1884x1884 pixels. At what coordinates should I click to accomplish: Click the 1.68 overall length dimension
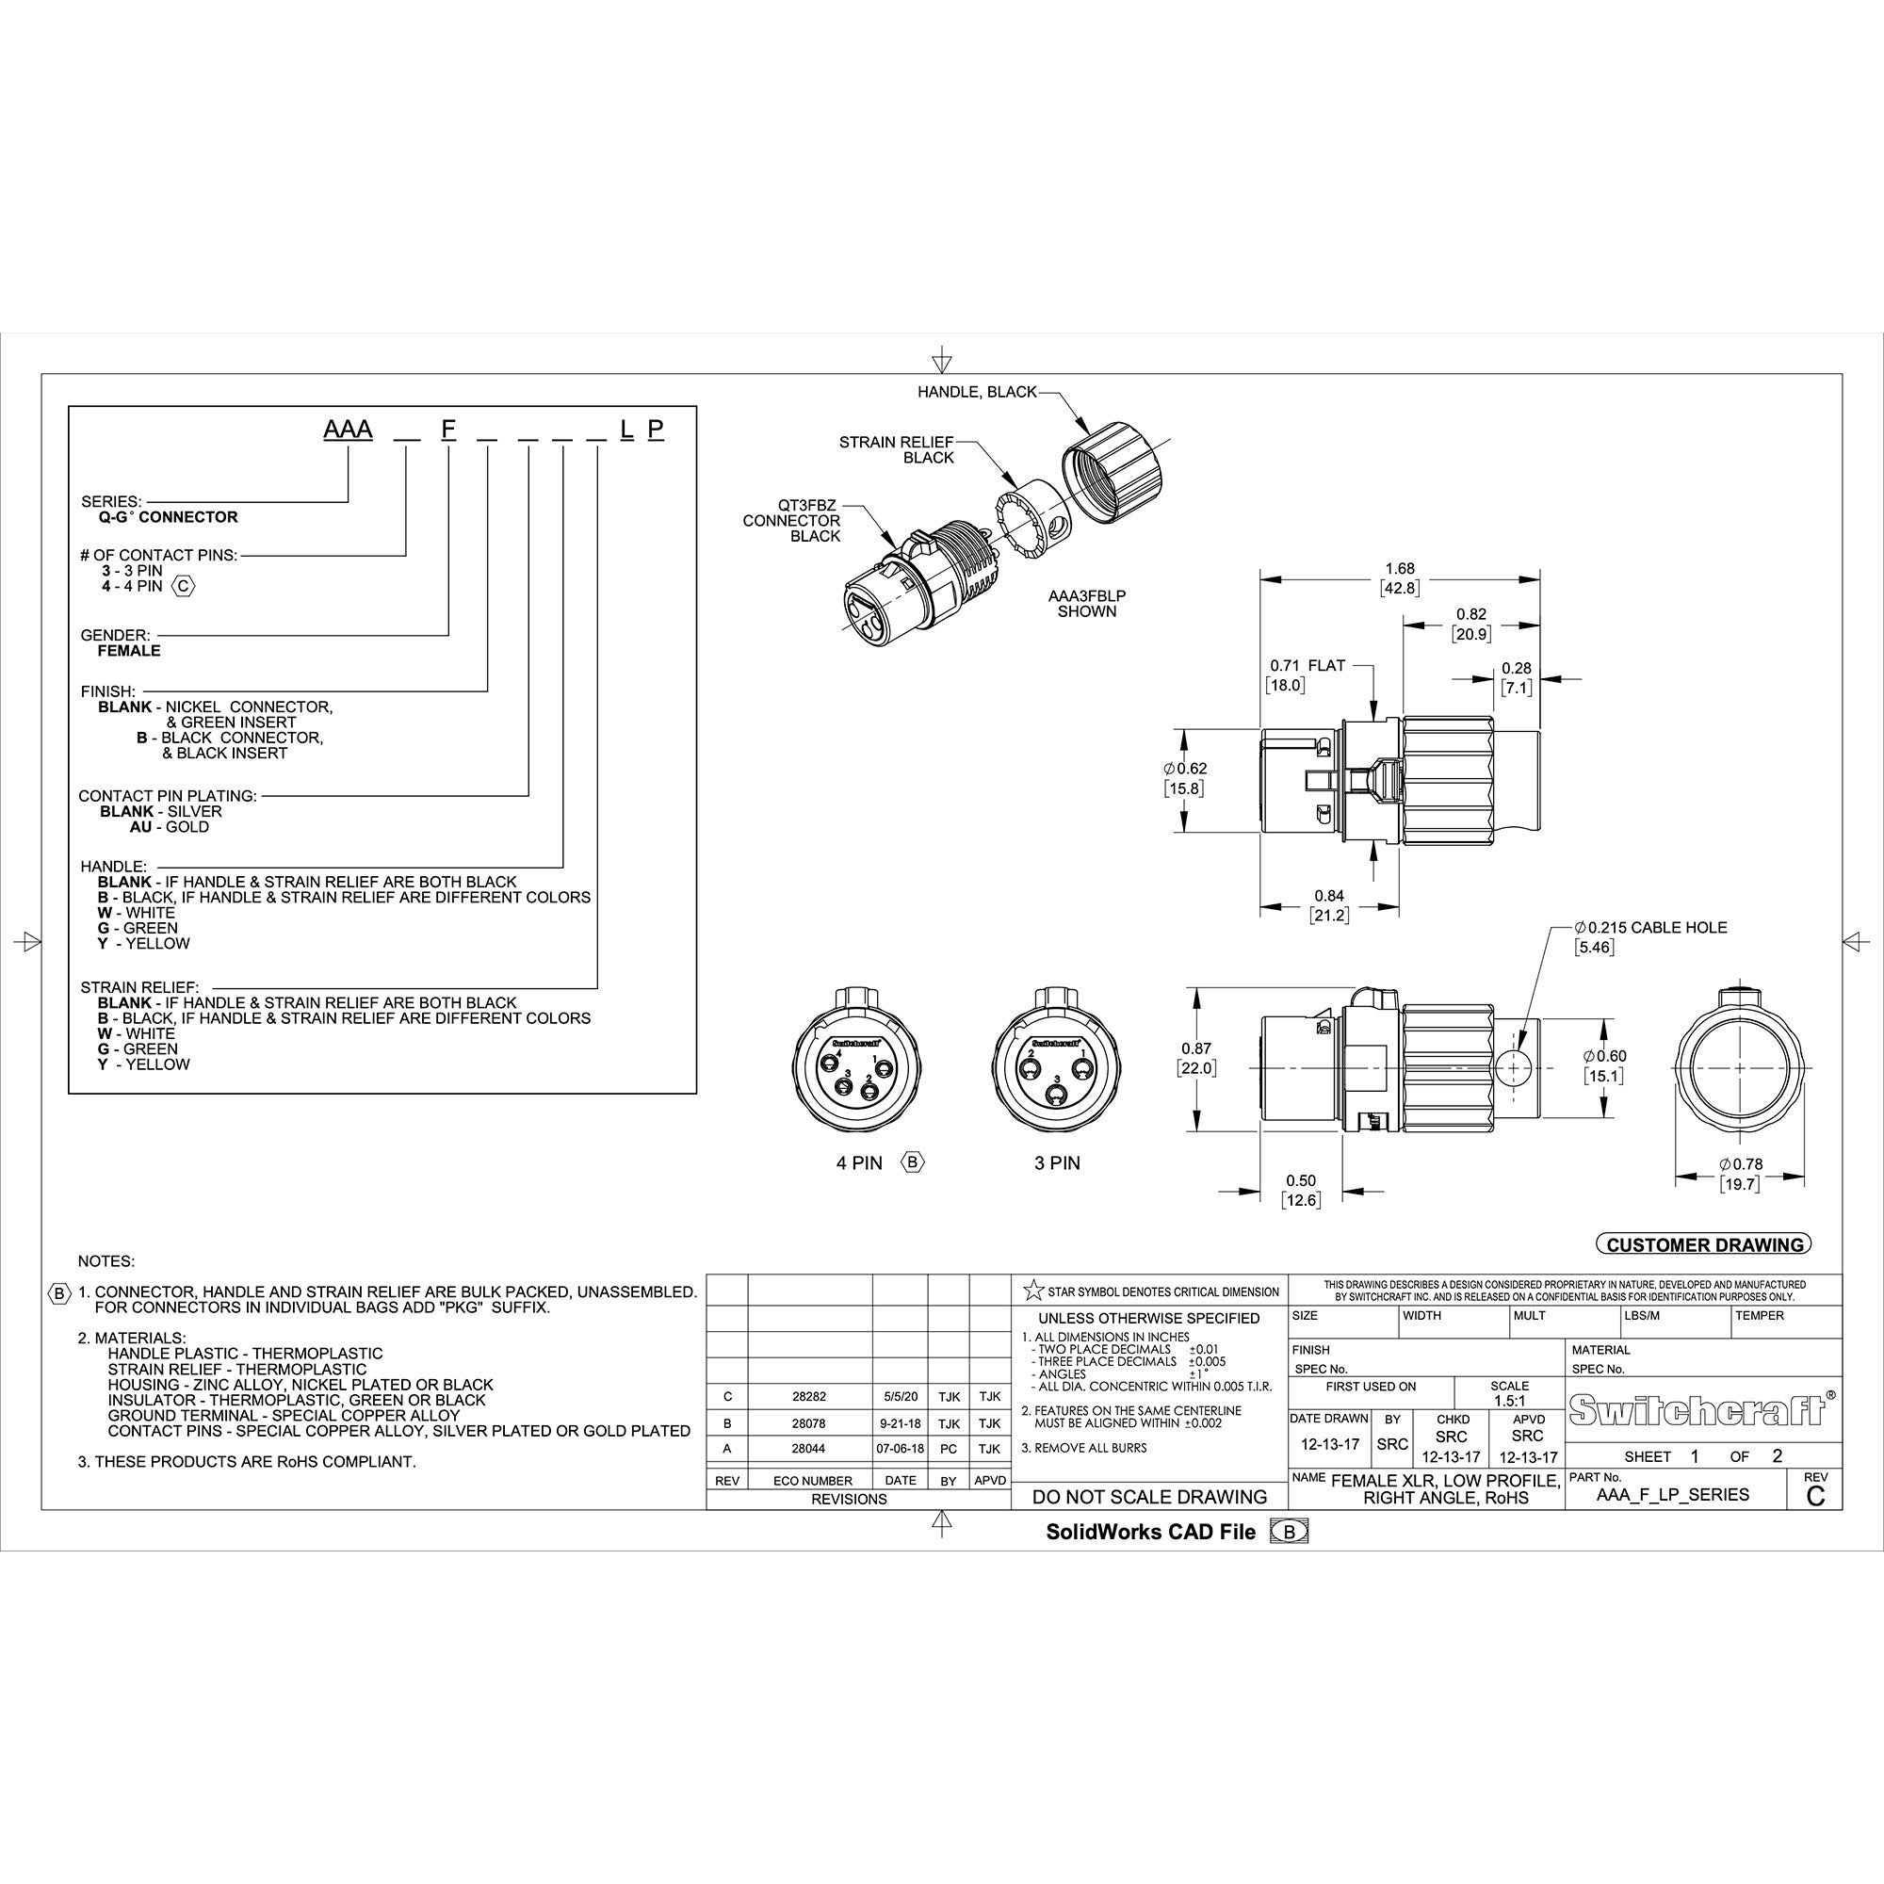click(1400, 569)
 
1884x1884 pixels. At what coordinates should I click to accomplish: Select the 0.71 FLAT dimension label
click(1307, 665)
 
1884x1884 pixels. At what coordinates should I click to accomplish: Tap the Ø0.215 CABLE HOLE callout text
click(1651, 927)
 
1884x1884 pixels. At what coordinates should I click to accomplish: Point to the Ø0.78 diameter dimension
click(1741, 1164)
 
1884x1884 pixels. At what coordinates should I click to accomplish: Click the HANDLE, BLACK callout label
click(976, 392)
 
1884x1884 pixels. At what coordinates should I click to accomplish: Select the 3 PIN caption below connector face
click(1057, 1163)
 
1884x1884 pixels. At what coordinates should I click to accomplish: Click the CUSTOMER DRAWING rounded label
click(1703, 1244)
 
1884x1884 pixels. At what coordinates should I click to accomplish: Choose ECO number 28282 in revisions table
click(808, 1396)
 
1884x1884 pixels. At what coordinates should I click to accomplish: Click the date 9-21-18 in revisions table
click(899, 1423)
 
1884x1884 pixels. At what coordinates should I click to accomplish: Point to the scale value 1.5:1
click(1509, 1401)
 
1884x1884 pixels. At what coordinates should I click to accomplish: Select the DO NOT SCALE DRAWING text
click(1149, 1497)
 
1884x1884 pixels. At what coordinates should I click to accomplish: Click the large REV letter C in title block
click(1815, 1497)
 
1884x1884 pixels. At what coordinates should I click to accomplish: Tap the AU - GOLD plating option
click(169, 827)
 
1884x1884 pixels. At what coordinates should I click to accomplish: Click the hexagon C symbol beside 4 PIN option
click(184, 586)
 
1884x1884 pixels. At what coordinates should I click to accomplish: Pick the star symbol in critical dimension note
click(1032, 1291)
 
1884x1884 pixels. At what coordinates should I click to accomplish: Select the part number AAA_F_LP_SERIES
click(1672, 1495)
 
